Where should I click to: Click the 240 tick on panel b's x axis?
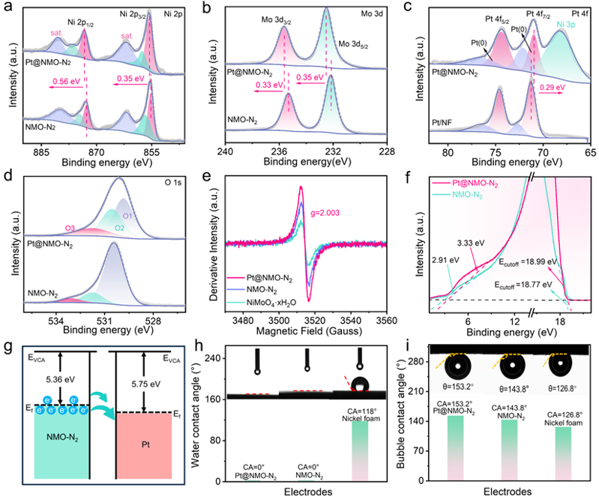(x=226, y=151)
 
